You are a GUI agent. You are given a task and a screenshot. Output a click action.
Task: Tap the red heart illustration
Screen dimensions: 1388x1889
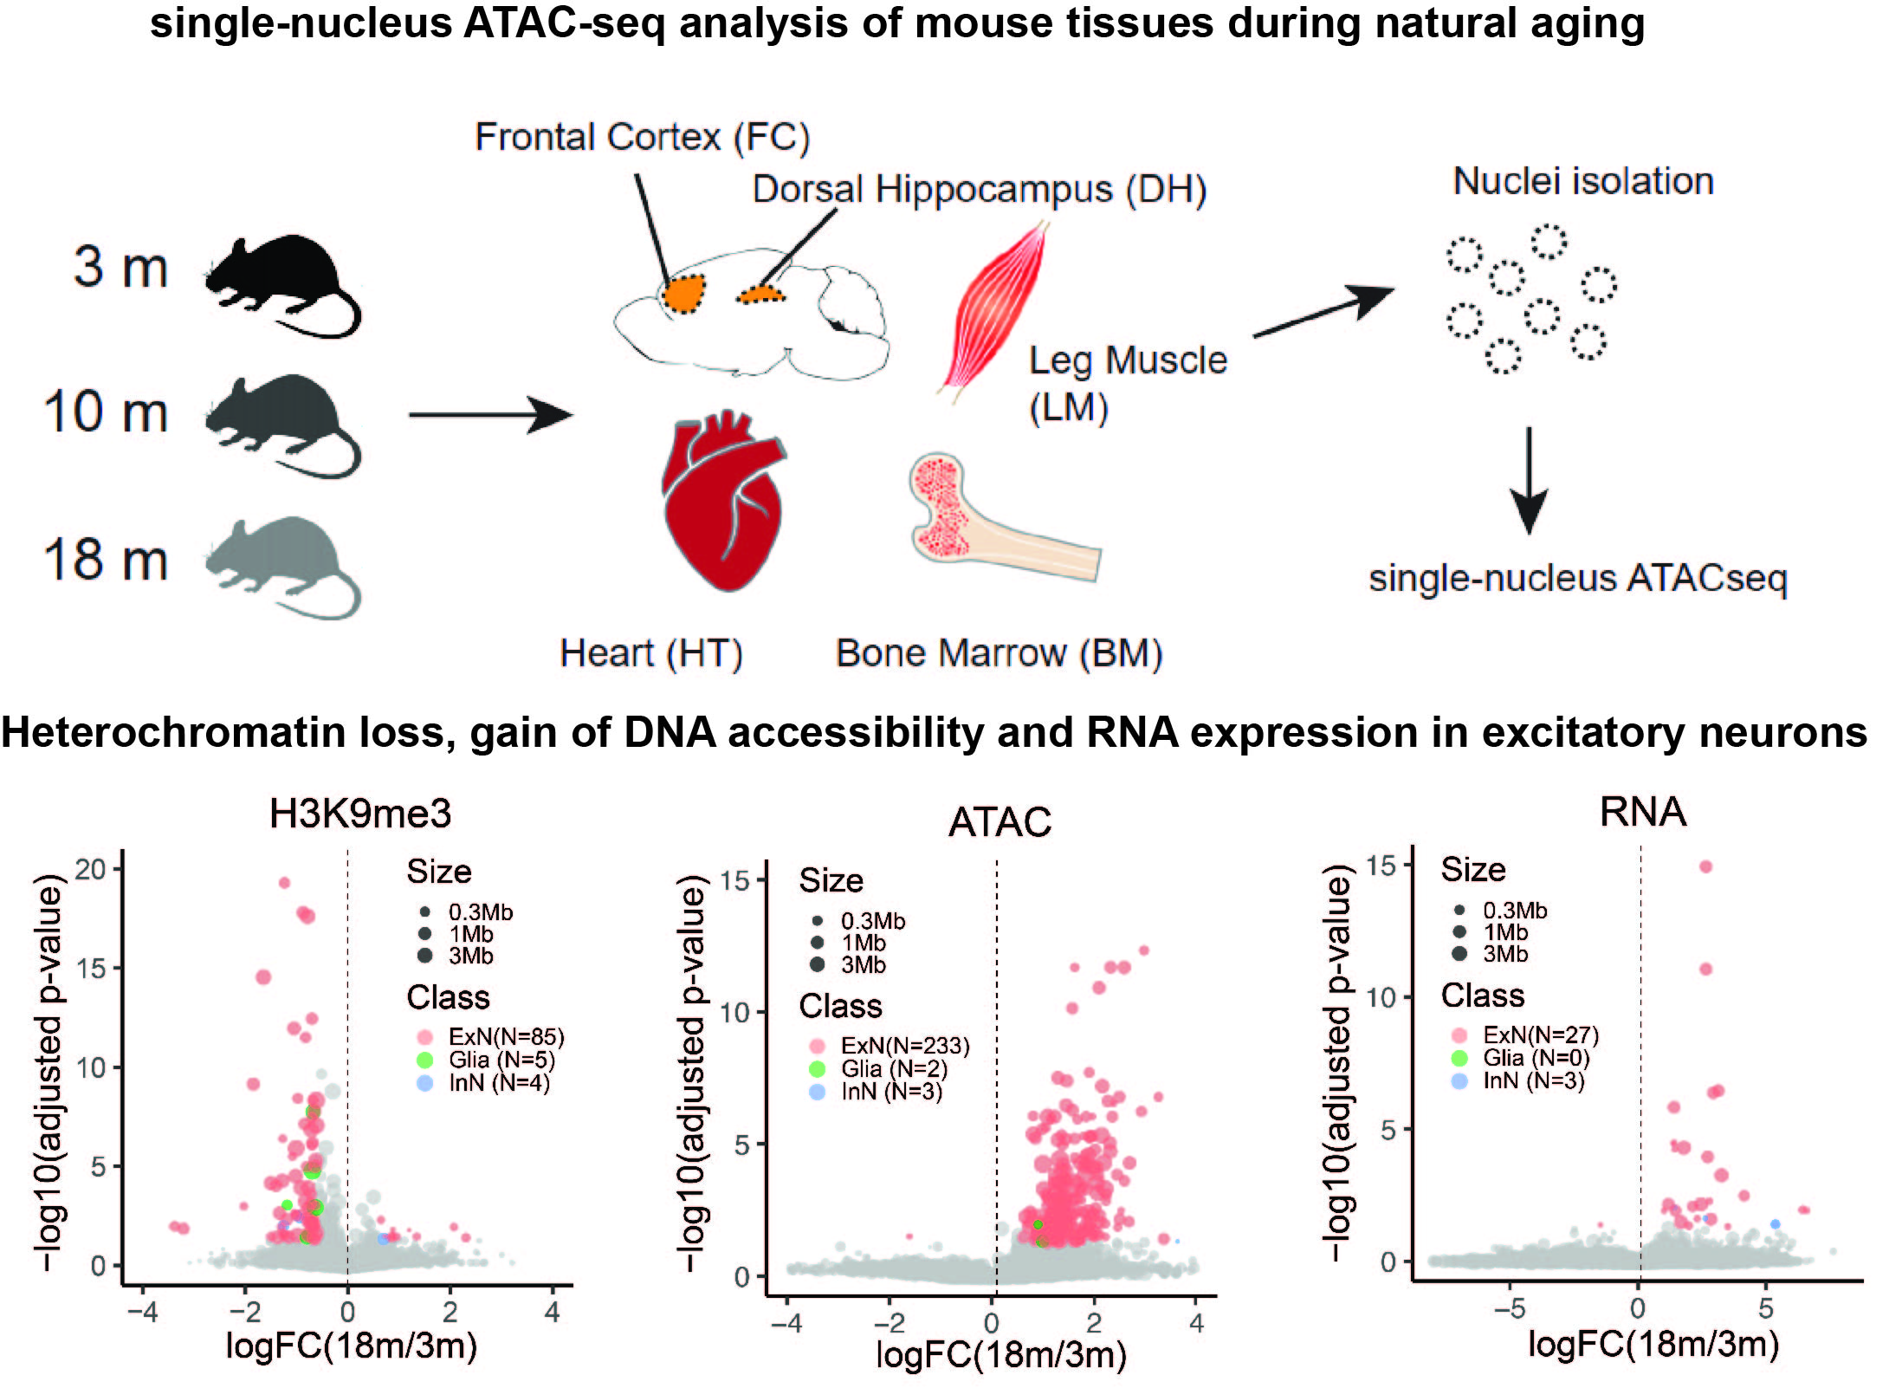click(723, 503)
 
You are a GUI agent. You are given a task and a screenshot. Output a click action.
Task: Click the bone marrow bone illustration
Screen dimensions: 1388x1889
click(996, 520)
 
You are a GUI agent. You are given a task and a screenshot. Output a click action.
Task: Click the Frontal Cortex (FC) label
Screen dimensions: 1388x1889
click(642, 137)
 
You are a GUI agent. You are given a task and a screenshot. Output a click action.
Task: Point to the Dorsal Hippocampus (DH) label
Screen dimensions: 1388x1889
click(979, 189)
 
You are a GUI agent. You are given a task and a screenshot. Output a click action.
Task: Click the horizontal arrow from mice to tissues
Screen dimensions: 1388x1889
click(489, 415)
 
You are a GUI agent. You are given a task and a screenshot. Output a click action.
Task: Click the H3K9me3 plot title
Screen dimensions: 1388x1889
click(360, 814)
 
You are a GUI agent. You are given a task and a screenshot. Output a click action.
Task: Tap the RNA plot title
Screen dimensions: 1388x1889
click(1643, 812)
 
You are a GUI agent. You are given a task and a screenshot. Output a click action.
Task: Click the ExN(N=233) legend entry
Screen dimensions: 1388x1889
click(904, 1046)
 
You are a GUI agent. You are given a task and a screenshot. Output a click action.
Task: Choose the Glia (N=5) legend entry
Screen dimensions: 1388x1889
click(501, 1060)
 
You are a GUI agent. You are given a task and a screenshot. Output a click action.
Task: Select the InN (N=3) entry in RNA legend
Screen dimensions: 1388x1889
click(1532, 1080)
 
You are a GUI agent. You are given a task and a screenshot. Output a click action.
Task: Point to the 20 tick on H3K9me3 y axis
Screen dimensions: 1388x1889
click(90, 869)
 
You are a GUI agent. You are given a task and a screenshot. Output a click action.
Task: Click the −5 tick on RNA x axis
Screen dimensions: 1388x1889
click(1509, 1308)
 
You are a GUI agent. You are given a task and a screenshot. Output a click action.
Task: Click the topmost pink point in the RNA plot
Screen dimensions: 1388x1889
click(1706, 866)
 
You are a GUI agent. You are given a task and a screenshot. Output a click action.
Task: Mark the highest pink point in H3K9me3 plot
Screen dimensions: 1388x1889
click(284, 883)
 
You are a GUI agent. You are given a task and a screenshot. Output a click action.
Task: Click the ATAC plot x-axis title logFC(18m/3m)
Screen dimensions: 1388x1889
click(1001, 1354)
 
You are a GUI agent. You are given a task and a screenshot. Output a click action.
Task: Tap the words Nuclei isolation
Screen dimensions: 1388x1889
click(1582, 181)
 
